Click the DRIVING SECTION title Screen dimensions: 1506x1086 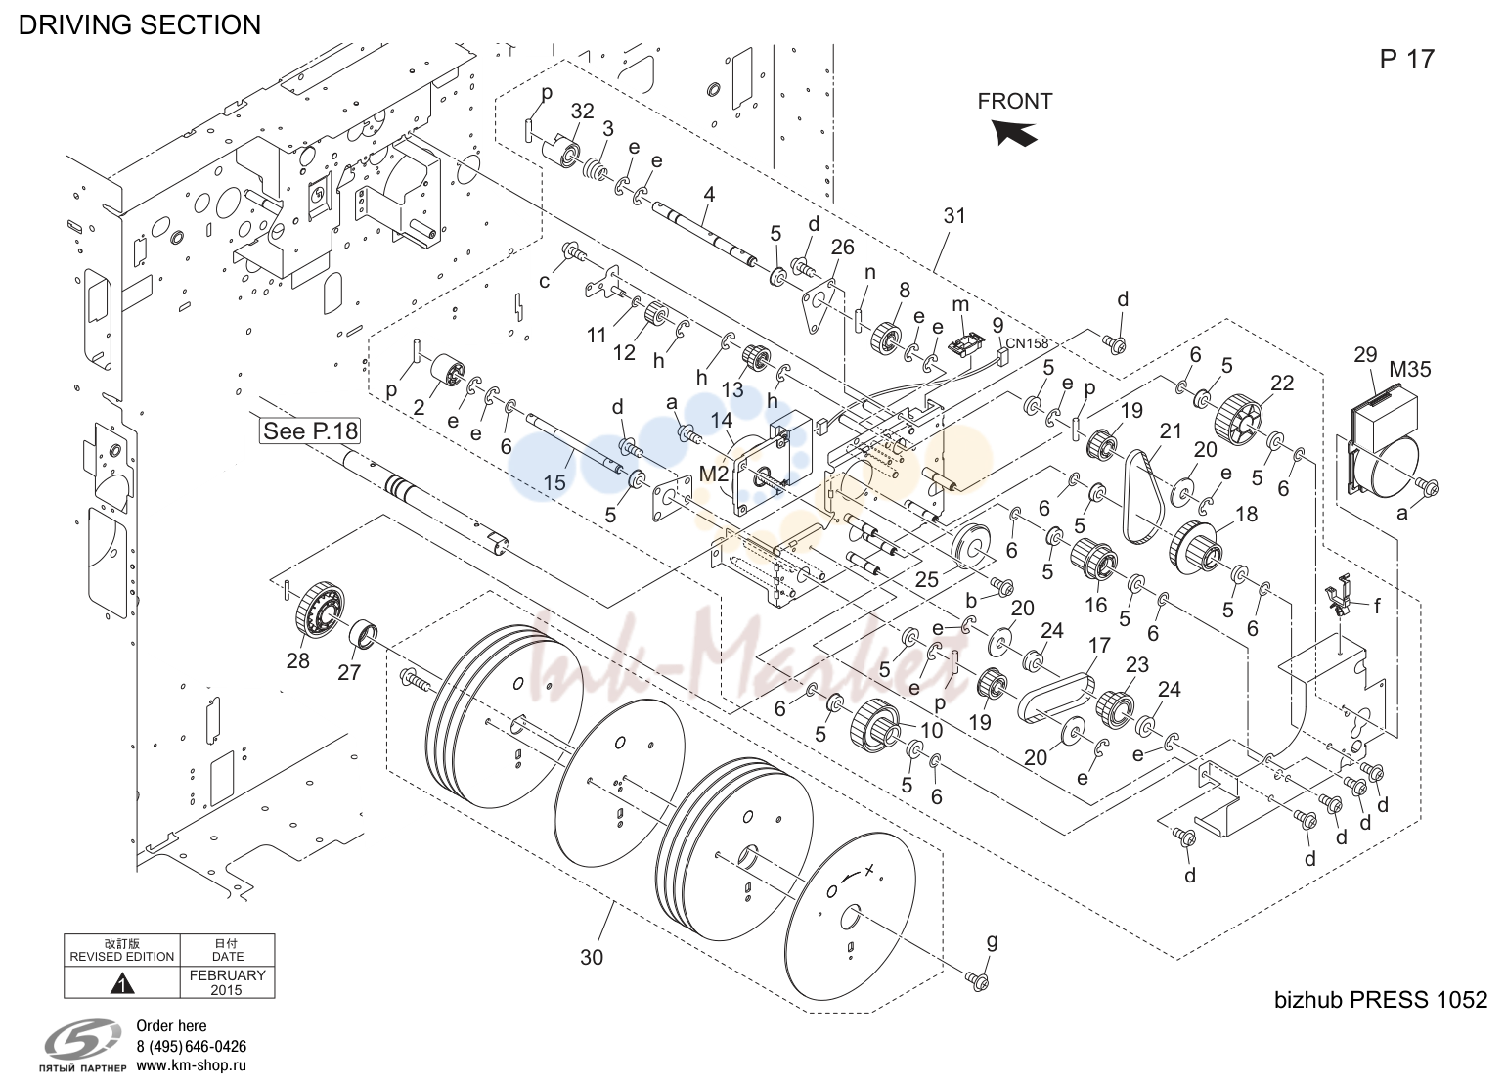[x=139, y=24]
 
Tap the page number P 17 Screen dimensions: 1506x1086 [x=1406, y=59]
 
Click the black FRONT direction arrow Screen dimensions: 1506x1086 [x=1015, y=132]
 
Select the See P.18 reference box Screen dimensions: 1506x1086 [x=310, y=431]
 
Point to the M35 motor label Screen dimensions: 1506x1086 [x=1410, y=369]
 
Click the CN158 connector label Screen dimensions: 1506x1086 [x=1027, y=343]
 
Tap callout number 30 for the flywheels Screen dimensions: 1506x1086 [x=592, y=957]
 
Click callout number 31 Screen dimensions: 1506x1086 [x=954, y=216]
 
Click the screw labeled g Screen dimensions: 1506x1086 [x=977, y=979]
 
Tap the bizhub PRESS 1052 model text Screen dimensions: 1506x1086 [x=1381, y=1000]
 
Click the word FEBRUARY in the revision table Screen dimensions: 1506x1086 [x=227, y=975]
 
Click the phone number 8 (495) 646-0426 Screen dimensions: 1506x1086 [x=192, y=1046]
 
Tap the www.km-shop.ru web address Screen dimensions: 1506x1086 [x=192, y=1065]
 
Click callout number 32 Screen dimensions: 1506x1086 [x=583, y=111]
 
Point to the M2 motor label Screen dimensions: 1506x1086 [x=713, y=474]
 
